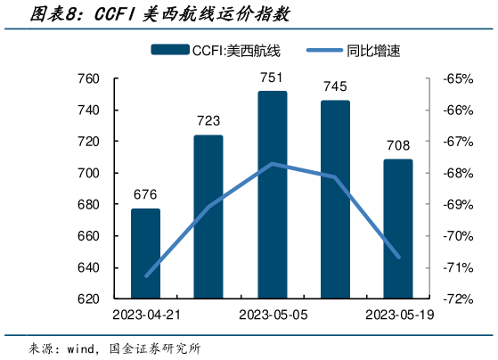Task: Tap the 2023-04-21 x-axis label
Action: click(145, 315)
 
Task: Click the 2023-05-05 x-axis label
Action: click(272, 315)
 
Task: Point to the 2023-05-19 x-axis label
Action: click(398, 315)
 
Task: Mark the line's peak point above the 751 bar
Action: click(272, 164)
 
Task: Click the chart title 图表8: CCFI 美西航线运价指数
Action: click(147, 15)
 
